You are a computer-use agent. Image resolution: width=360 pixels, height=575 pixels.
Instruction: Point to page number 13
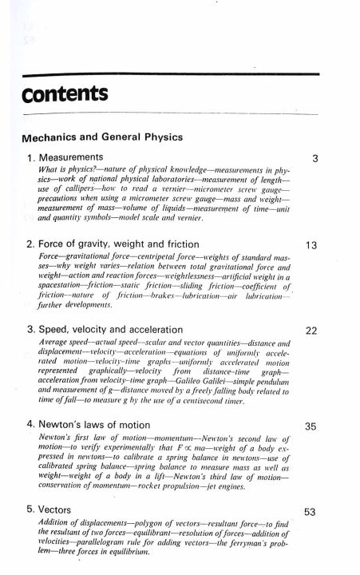tap(313, 244)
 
